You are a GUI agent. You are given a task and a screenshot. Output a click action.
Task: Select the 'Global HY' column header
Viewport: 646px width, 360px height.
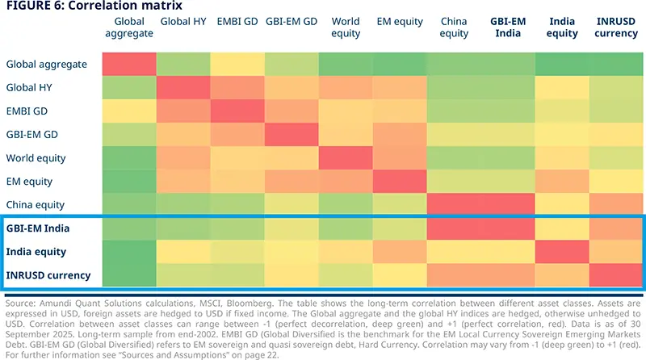click(x=182, y=22)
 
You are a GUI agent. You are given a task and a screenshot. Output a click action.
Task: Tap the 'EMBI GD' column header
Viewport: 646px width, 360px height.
click(x=237, y=22)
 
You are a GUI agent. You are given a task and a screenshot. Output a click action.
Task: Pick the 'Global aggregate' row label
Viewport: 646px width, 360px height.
click(x=47, y=64)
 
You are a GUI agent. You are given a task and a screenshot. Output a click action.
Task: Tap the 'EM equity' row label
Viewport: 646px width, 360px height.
click(x=29, y=181)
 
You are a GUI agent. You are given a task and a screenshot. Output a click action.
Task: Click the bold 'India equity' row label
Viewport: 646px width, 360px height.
click(x=36, y=252)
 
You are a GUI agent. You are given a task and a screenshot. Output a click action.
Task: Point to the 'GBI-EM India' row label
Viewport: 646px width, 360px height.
click(x=37, y=228)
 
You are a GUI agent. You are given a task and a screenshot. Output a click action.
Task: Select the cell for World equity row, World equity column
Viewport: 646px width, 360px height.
click(x=346, y=157)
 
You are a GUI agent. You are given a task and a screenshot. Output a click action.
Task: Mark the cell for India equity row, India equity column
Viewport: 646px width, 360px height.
click(x=563, y=252)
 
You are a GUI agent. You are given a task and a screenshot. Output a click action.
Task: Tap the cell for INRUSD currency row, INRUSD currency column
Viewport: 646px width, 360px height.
click(x=617, y=275)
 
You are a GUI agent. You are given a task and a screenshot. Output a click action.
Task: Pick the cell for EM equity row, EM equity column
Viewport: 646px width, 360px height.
click(x=400, y=181)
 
